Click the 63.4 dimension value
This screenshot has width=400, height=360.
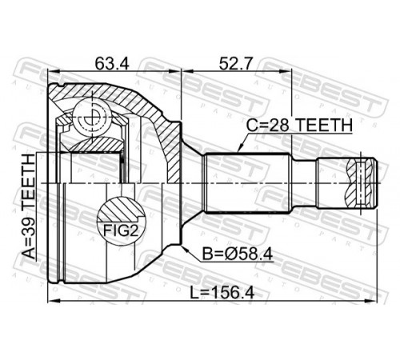click(x=112, y=64)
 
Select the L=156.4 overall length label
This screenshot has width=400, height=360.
click(x=222, y=293)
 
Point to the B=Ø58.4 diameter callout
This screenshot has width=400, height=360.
click(x=238, y=254)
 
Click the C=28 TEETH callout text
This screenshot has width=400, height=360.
click(x=299, y=125)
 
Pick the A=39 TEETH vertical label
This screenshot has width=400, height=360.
click(x=28, y=207)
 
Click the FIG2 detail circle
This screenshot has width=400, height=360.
click(x=121, y=221)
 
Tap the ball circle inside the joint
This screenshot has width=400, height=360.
click(x=92, y=117)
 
